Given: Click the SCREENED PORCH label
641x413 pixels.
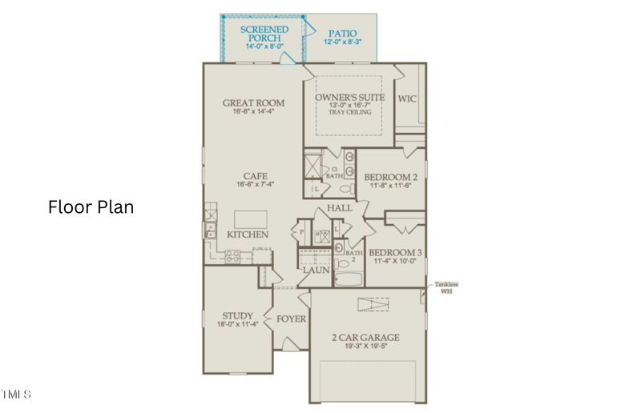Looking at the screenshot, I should (x=264, y=34).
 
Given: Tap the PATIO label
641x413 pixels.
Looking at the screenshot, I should (x=342, y=34).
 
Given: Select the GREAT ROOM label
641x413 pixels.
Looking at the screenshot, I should (x=253, y=102).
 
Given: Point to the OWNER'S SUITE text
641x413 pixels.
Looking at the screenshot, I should (x=343, y=97).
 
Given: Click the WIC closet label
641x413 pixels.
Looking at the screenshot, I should (x=408, y=98).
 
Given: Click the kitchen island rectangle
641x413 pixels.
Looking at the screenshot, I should (x=250, y=219).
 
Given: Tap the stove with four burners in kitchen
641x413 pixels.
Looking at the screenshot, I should (x=232, y=257).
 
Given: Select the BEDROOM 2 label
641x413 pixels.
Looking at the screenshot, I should (x=390, y=177).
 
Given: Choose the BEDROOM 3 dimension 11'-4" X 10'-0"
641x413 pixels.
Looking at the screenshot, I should (x=395, y=261).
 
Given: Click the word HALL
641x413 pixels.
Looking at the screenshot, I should (x=339, y=208).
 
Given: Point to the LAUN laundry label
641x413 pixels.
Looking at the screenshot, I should (x=316, y=271).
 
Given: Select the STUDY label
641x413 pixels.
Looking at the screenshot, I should (x=237, y=315).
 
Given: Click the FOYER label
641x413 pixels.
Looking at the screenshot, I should (x=292, y=319).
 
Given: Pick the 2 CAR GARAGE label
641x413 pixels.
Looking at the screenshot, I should (x=365, y=337).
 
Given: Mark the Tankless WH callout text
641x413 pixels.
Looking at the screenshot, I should (x=446, y=287).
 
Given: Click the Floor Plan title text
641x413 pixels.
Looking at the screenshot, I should (x=91, y=206).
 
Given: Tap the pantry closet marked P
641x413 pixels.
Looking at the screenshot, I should (x=302, y=233).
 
